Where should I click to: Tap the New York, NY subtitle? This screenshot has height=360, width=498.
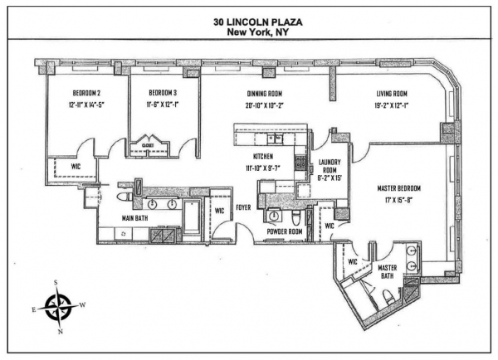point(249,29)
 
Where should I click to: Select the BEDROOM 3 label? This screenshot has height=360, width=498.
point(162,93)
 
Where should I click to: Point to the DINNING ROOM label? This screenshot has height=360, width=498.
point(263,94)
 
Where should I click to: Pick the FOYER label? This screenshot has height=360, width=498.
point(244,207)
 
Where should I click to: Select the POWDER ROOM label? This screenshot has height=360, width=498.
point(285,231)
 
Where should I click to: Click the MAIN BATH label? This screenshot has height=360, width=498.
point(115,218)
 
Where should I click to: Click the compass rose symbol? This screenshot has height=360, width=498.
point(59,308)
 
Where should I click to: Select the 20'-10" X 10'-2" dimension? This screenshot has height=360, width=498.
point(263,105)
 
